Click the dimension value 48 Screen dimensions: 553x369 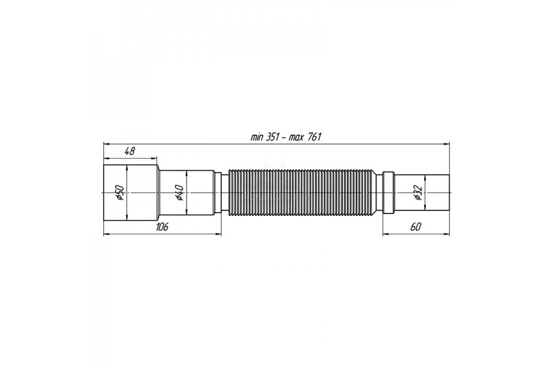coord(130,151)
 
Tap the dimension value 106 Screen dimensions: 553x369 coord(162,227)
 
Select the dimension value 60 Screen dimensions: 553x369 coord(416,227)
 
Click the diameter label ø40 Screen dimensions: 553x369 coord(179,192)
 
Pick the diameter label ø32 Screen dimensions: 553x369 coord(418,192)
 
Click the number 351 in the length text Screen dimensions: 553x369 coord(273,137)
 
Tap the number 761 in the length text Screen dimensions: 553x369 coord(314,137)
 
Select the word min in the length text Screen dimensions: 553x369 coord(257,137)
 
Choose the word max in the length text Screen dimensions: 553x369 coord(297,138)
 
